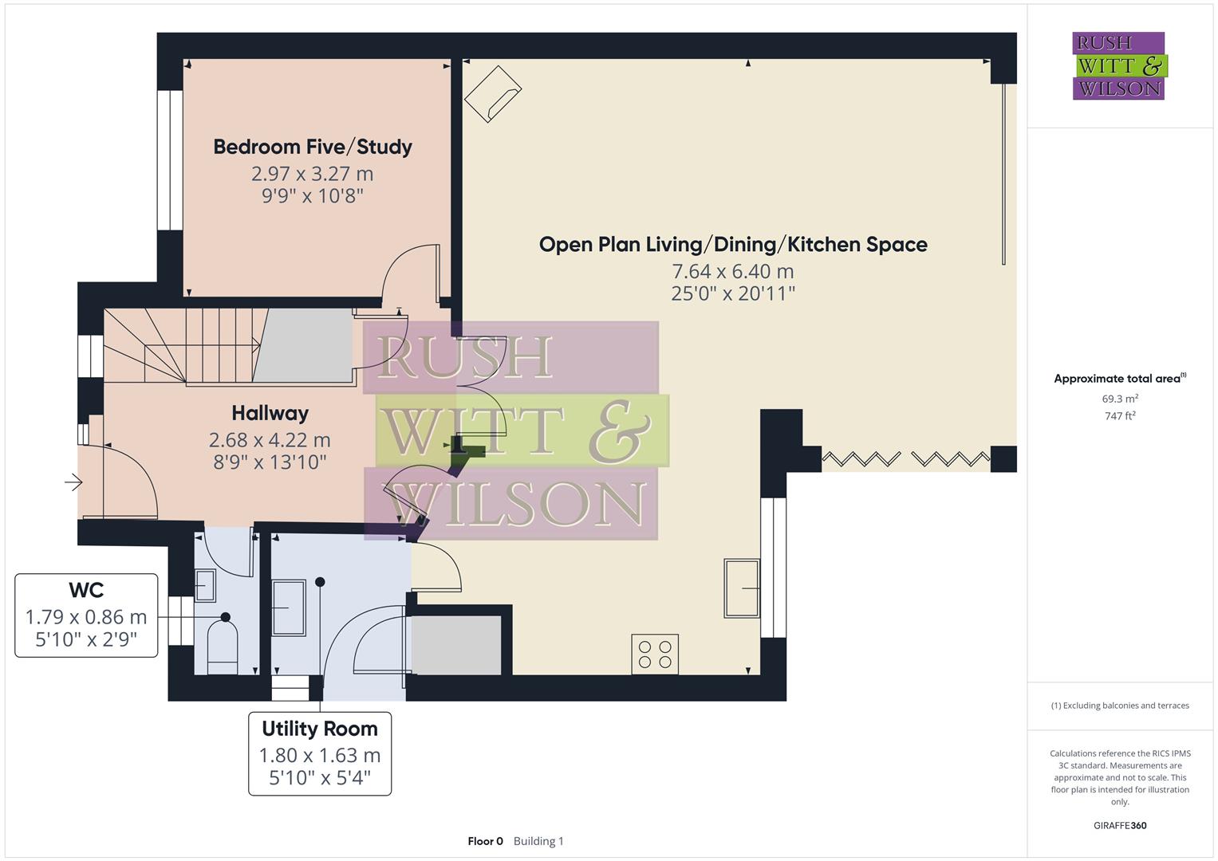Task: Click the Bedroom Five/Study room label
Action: coord(312,147)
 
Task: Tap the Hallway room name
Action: coord(270,413)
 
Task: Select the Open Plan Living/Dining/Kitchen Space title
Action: coord(732,244)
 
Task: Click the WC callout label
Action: coord(86,591)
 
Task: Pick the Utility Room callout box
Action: coord(319,753)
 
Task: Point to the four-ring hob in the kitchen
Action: coord(655,655)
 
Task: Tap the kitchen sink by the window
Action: coord(741,588)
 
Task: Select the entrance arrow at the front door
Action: coord(73,482)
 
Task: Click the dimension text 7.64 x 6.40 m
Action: coord(732,271)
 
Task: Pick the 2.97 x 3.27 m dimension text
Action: coord(312,174)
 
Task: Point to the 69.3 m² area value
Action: coord(1119,399)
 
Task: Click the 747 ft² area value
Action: coord(1119,416)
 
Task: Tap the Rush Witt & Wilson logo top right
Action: coord(1118,66)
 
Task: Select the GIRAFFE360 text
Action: coord(1119,826)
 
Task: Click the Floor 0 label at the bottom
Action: coord(485,841)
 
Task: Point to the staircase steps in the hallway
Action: coord(215,347)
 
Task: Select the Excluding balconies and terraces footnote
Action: coord(1119,706)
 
